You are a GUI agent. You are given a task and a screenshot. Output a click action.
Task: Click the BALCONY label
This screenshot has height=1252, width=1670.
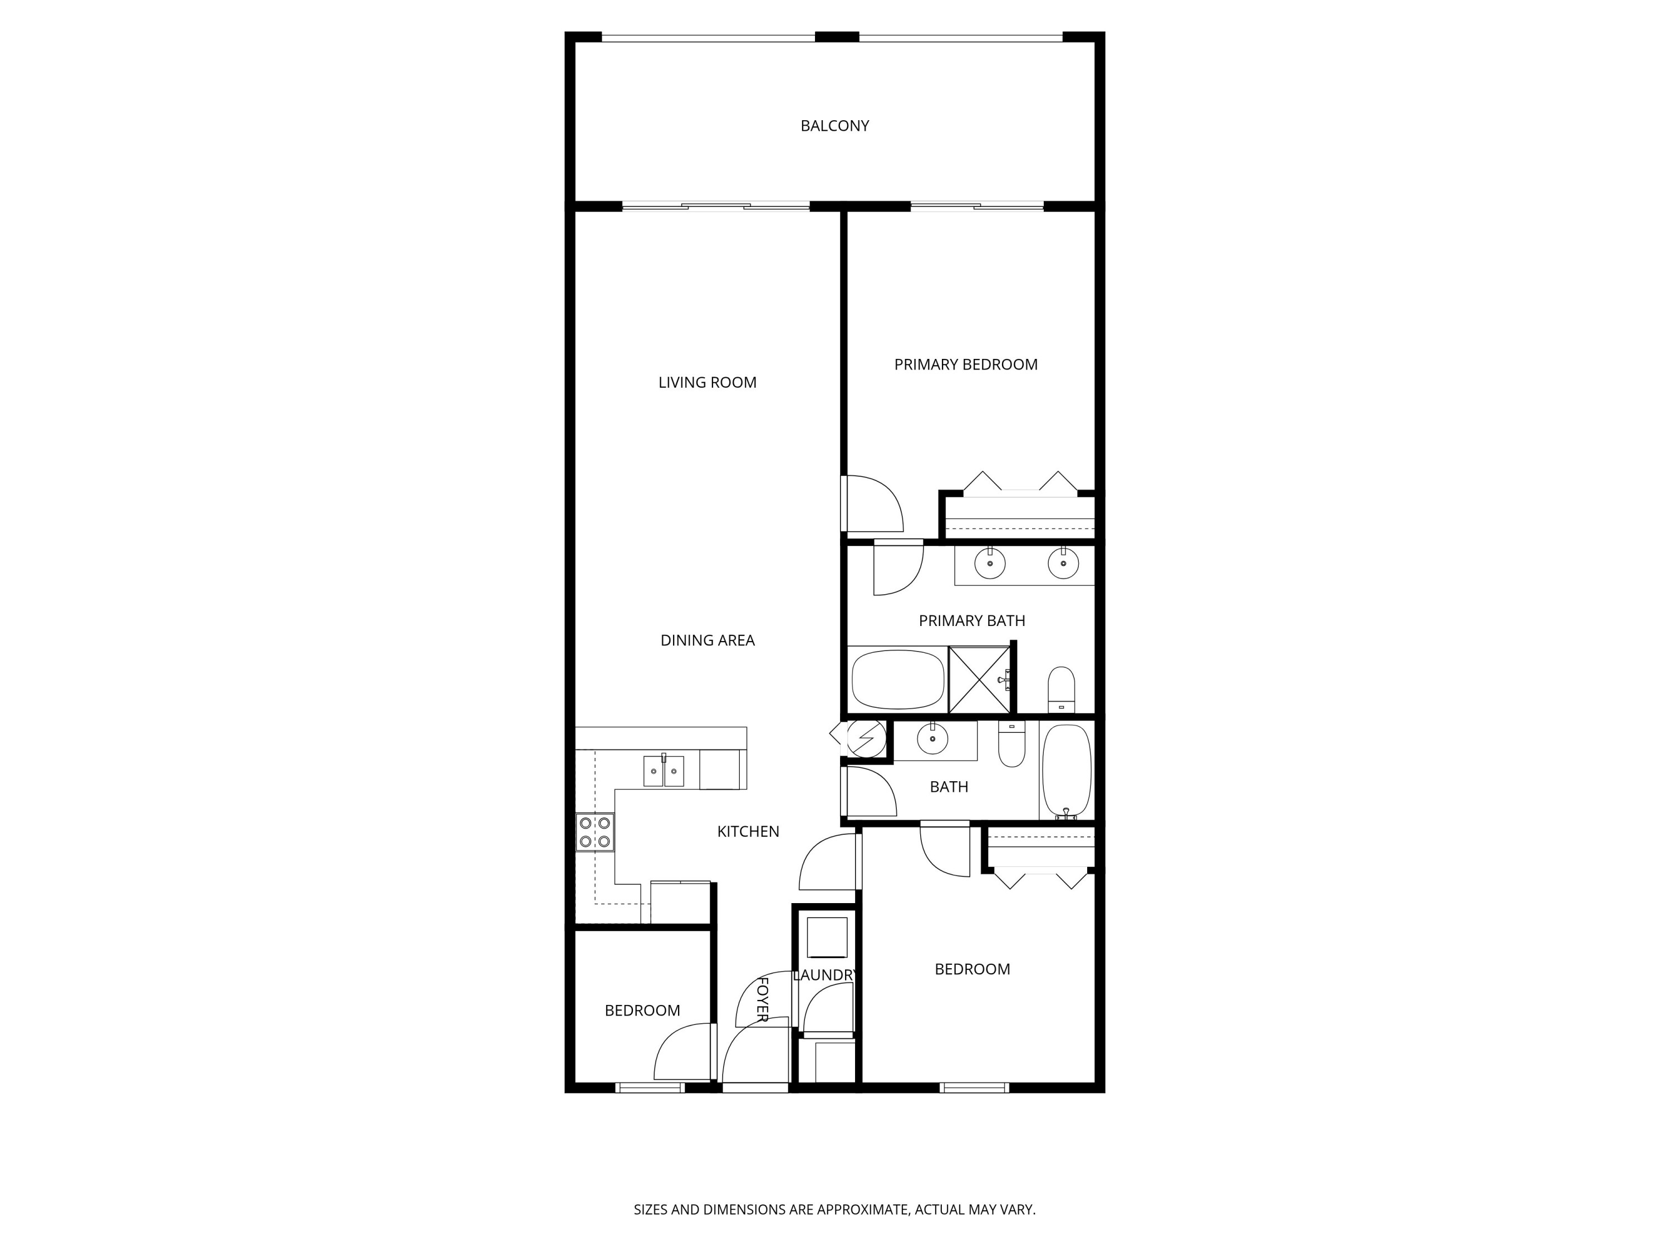pyautogui.click(x=834, y=126)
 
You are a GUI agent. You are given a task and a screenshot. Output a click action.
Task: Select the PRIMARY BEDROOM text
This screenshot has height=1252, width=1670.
pyautogui.click(x=966, y=364)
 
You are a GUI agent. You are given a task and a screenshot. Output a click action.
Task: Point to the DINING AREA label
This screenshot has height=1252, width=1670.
pyautogui.click(x=708, y=640)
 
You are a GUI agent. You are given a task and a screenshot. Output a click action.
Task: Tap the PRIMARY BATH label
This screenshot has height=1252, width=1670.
pyautogui.click(x=971, y=621)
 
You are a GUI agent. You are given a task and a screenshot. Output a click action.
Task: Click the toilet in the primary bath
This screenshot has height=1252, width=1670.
pyautogui.click(x=1062, y=688)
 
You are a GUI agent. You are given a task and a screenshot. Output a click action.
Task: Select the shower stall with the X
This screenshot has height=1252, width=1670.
pyautogui.click(x=979, y=679)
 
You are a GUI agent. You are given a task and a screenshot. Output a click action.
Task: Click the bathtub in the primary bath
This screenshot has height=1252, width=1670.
pyautogui.click(x=898, y=679)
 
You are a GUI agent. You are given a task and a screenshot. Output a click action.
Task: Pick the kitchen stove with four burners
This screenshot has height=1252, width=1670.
pyautogui.click(x=595, y=832)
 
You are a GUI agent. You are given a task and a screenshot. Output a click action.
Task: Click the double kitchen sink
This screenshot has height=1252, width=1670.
pyautogui.click(x=664, y=771)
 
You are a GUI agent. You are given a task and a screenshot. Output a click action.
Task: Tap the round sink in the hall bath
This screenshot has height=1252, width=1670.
pyautogui.click(x=932, y=738)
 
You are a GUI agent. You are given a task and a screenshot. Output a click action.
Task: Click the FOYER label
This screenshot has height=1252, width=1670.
pyautogui.click(x=763, y=999)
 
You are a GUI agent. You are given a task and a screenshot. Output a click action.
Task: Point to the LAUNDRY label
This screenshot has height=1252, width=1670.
pyautogui.click(x=824, y=975)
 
